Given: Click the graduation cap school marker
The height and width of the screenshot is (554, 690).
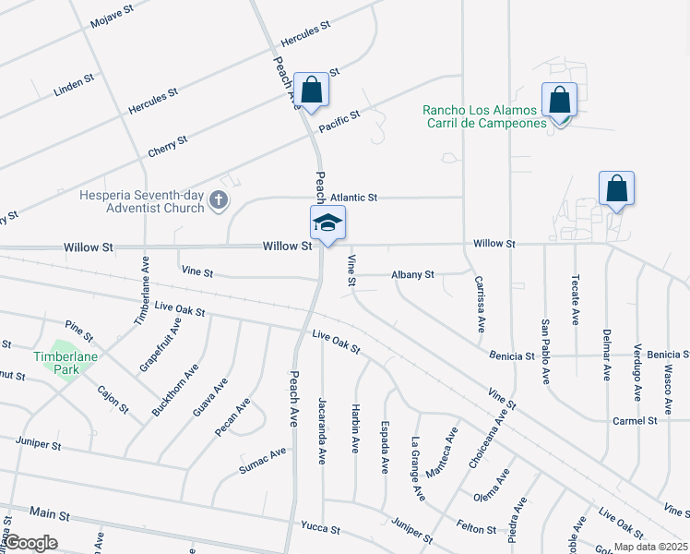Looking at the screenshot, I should [x=327, y=223].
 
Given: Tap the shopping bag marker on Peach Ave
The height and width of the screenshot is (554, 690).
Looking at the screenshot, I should [x=313, y=90].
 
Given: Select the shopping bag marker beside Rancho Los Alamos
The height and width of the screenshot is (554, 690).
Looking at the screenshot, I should [x=559, y=99].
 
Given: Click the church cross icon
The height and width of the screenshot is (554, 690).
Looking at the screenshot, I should [x=219, y=200].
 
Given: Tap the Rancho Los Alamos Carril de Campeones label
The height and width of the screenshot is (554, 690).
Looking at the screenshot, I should [x=484, y=116].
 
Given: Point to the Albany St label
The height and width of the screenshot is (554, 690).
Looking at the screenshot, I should [x=411, y=274].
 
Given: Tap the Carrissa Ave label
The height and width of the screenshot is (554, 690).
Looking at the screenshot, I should [x=480, y=304].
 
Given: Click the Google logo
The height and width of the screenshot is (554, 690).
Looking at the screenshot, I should [x=31, y=543].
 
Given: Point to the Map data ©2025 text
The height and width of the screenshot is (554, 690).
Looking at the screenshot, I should [x=651, y=547].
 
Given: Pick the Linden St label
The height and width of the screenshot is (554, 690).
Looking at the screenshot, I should [x=75, y=84].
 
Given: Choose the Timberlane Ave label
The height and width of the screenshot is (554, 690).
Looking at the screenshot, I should [x=142, y=302].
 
